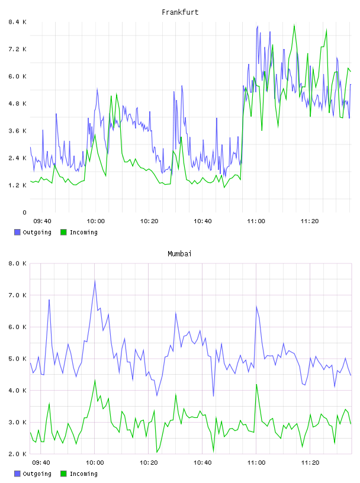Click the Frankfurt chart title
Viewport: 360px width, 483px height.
coord(180,12)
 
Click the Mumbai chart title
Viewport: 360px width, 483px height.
coord(179,254)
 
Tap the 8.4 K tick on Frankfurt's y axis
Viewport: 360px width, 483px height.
coord(17,22)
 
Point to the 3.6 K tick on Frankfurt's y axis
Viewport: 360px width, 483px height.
coord(17,131)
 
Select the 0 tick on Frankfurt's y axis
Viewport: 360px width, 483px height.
coord(24,212)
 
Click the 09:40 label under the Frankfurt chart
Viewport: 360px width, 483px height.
coord(42,221)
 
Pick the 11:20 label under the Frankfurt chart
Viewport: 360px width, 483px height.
coord(310,221)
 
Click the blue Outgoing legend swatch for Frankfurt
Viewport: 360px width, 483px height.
coord(17,232)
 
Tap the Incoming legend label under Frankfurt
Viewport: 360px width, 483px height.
coord(83,232)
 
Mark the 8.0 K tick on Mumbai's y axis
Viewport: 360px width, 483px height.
coord(17,263)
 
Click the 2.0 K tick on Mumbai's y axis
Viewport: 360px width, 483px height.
coord(17,454)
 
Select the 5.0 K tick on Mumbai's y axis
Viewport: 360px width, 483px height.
coord(17,359)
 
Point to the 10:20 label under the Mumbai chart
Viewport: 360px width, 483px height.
coord(149,463)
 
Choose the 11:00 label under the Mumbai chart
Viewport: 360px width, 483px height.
coord(256,463)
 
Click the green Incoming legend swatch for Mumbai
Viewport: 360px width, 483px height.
coord(63,474)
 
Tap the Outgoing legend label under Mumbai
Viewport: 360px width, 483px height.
coord(37,474)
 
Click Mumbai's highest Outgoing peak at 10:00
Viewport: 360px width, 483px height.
coord(95,281)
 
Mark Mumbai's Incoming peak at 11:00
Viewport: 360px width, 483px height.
coord(256,384)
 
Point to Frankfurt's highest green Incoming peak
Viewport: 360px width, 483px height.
coord(294,25)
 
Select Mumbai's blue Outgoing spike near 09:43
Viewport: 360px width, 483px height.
coord(49,300)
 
